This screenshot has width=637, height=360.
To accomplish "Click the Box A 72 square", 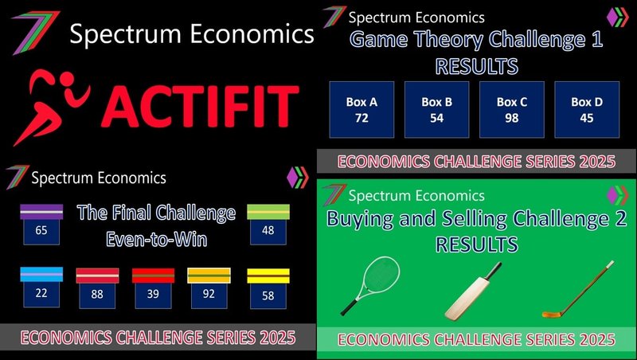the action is point(361,110).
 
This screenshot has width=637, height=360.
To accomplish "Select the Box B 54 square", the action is point(436,110).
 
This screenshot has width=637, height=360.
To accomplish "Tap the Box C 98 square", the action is point(512,110).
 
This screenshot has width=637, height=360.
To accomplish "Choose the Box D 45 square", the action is point(587,110).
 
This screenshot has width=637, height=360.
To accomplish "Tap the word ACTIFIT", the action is point(200,107).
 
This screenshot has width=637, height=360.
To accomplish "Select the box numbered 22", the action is point(41,294).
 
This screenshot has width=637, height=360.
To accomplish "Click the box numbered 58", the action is point(268,295).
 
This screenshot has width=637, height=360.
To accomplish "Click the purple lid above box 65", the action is point(41,212).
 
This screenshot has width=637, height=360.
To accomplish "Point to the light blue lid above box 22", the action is point(41,274).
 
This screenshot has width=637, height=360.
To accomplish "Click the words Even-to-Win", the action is point(157,239).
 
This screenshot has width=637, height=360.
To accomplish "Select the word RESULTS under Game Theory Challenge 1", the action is point(477,66).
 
